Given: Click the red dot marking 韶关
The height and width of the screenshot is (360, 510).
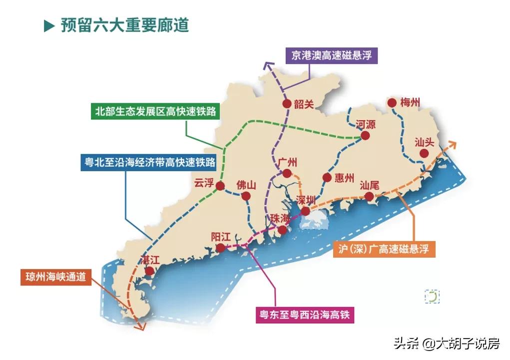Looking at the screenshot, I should (287, 104).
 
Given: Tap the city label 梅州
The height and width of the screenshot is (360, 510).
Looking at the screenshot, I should (410, 103).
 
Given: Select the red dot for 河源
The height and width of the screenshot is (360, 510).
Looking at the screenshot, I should (365, 135).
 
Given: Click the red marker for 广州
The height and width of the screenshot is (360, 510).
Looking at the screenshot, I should (287, 173).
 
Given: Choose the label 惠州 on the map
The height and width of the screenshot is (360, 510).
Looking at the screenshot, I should (344, 178).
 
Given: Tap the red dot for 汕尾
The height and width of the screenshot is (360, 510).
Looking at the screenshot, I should (369, 196).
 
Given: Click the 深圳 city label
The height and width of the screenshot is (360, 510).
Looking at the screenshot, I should (306, 200).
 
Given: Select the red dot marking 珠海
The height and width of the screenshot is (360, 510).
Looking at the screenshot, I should (283, 230).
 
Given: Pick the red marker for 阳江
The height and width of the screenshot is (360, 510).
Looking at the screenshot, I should (220, 248).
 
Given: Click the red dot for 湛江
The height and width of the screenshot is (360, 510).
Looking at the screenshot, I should (149, 271).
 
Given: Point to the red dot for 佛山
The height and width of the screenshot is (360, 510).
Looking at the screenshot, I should (246, 196).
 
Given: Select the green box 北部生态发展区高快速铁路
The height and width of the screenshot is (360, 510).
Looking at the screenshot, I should (156, 111).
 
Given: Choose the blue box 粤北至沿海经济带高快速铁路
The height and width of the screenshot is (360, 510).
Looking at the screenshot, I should (148, 162).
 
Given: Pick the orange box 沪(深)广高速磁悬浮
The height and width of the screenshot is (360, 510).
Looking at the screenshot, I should (384, 249).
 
